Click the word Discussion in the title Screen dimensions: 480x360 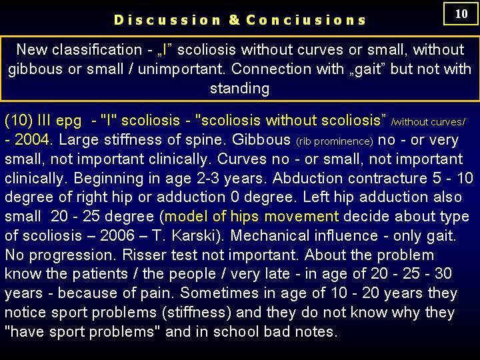167,20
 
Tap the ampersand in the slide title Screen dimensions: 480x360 234,20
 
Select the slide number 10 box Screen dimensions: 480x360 461,14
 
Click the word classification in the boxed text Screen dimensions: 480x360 97,49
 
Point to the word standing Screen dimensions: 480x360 240,89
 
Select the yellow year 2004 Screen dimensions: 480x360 32,139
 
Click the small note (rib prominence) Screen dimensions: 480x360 335,141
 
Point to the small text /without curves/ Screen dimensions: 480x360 428,122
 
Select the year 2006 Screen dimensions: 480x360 117,236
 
